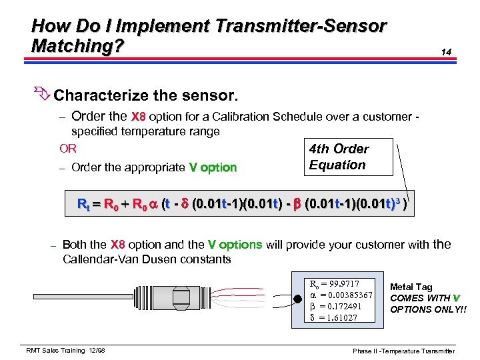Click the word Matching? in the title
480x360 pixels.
(78, 47)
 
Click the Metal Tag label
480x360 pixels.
(411, 287)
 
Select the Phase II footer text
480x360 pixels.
(404, 351)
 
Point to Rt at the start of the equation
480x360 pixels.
(84, 204)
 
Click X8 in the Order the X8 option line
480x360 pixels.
(140, 117)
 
